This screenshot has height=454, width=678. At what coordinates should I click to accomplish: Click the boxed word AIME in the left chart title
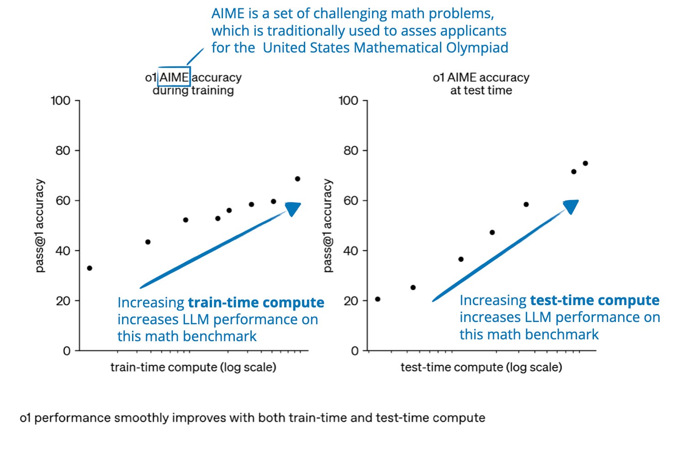pos(174,77)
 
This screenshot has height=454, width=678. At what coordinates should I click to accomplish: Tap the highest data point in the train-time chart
pos(297,179)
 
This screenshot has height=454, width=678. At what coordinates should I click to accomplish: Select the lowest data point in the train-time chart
pos(90,268)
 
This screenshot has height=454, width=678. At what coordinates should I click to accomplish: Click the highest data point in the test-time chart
pos(585,164)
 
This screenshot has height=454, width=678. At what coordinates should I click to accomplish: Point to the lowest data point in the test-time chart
pos(377,299)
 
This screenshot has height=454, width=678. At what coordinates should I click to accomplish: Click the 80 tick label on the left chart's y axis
pos(63,151)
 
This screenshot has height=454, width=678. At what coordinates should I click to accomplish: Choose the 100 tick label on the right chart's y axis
pos(348,100)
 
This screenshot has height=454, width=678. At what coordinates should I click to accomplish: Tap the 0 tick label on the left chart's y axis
pos(67,351)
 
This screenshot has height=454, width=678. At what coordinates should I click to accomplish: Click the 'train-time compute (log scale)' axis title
pos(193,367)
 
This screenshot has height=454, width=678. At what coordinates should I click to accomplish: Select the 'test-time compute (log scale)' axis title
pos(481,367)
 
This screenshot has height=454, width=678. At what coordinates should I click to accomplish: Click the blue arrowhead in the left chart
pos(293,209)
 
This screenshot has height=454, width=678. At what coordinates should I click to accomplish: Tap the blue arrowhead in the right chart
pos(571,206)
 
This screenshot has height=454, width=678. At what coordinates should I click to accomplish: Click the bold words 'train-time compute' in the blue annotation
pos(256,302)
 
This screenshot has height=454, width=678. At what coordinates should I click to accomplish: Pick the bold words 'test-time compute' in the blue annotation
pos(594,300)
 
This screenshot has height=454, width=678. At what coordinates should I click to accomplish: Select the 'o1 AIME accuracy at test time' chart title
pos(481,84)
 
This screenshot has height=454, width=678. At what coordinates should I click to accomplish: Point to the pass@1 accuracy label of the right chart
pos(328,226)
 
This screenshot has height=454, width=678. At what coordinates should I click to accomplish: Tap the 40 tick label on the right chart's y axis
pos(351,251)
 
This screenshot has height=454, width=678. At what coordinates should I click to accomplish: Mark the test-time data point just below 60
pos(526,205)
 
